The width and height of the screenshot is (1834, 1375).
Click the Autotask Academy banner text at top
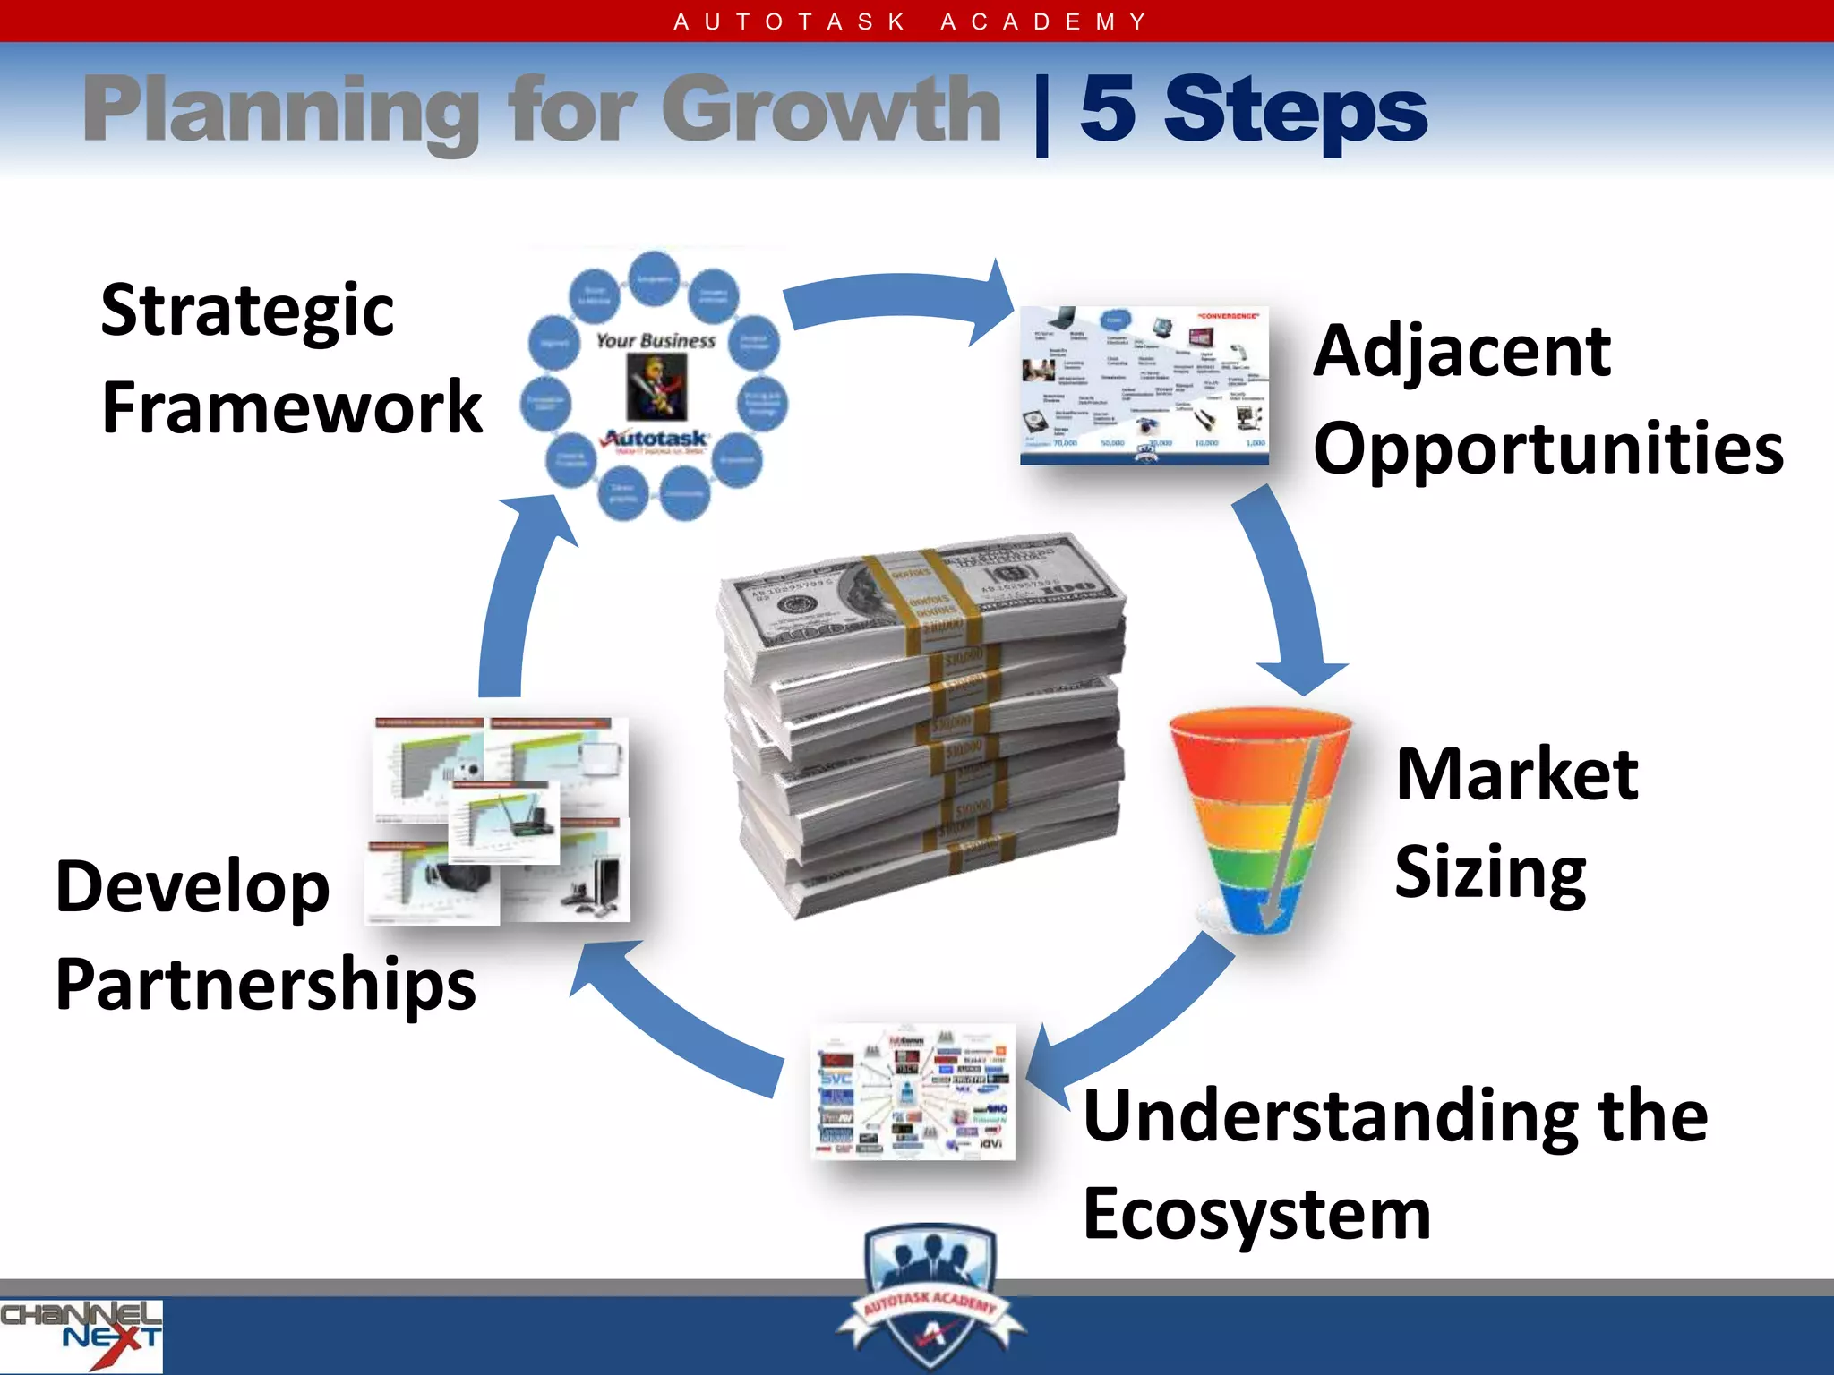[x=912, y=21]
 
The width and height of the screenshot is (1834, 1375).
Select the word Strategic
[x=247, y=312]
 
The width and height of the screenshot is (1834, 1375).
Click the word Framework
[x=292, y=408]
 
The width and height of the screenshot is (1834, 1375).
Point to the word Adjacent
[x=1461, y=352]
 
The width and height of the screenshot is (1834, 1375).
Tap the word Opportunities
[x=1547, y=448]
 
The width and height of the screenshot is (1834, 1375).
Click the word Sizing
[x=1490, y=873]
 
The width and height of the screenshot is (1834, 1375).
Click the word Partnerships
[x=265, y=985]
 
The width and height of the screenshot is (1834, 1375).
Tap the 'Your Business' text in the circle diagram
[x=656, y=341]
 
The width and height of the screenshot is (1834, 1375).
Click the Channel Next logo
[x=81, y=1334]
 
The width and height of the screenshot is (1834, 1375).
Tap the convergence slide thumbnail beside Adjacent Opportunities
[x=1144, y=385]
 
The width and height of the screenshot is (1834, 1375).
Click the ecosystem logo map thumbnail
[x=913, y=1092]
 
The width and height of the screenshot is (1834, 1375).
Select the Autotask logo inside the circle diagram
[x=656, y=440]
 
